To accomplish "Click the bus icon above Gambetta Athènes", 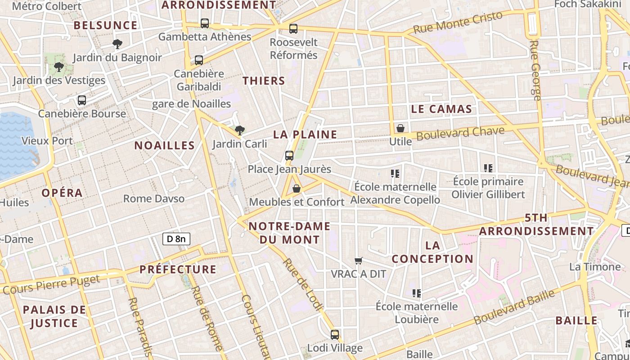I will pos(205,23).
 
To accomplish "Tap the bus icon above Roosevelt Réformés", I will pos(293,29).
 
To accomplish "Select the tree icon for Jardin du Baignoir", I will pos(117,44).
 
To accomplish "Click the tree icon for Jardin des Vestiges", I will pos(58,67).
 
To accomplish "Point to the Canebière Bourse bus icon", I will pos(82,100).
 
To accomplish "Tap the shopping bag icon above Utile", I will pos(400,129).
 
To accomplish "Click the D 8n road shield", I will pos(176,239).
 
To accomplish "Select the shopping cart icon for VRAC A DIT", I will pos(359,261).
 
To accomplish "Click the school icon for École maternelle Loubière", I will pos(417,293).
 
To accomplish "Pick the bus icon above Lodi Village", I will pos(335,335).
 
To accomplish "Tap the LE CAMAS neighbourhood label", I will pos(441,109).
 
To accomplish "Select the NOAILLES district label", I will pos(165,145).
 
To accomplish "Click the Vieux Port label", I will pos(47,141).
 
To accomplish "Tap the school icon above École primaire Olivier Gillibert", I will pos(488,168).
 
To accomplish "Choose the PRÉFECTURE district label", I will pos(178,270).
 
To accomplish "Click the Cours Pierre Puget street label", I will pos(51,284).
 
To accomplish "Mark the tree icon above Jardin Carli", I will pos(240,131).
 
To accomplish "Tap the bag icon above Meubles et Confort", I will pos(297,189).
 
